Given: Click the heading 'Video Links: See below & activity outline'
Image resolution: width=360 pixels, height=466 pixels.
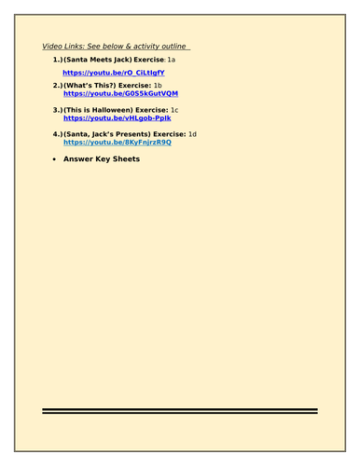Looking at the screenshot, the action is (x=116, y=47).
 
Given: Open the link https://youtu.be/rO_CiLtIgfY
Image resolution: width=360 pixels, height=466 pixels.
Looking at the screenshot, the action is (x=113, y=72).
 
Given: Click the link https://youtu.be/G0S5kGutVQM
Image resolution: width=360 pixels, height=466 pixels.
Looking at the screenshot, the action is (x=120, y=94).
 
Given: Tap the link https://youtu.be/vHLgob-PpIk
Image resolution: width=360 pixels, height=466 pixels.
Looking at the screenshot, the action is (x=117, y=118).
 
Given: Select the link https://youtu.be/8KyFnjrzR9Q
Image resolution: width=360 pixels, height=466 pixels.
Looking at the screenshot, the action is (x=117, y=142).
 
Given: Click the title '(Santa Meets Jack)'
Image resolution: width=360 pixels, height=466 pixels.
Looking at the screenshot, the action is (x=97, y=60).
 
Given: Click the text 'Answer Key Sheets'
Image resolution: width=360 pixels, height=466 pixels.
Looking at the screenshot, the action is (x=101, y=158).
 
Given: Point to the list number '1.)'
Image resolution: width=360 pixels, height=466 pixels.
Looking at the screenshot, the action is (x=58, y=60).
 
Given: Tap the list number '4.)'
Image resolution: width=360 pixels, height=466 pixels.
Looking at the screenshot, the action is (x=58, y=133).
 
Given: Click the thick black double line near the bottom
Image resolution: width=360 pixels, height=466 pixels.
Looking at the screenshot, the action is (x=180, y=411).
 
